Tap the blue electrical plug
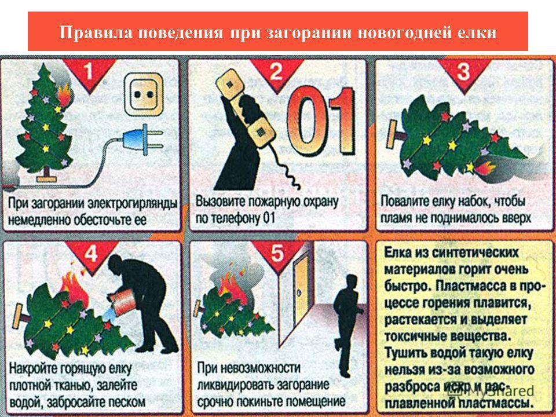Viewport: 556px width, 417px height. (x=131, y=139)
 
